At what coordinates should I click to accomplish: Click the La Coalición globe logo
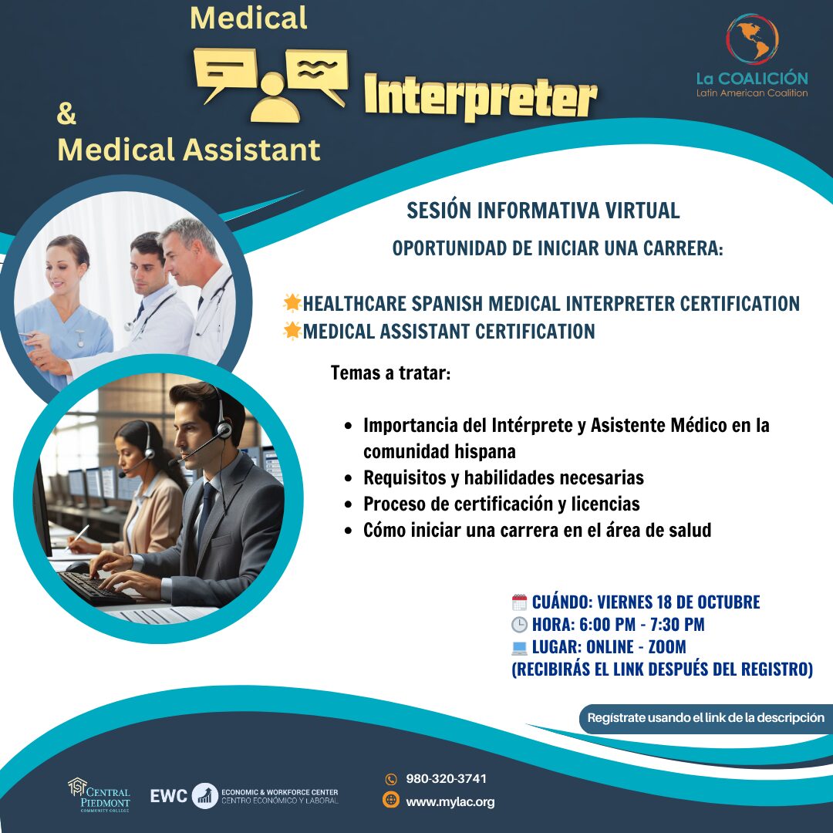[x=752, y=39]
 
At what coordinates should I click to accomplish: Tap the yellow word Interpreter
[x=481, y=96]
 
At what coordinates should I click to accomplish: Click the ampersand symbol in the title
[x=66, y=113]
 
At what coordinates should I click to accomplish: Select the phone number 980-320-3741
[x=446, y=779]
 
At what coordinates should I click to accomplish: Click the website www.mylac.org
[x=450, y=801]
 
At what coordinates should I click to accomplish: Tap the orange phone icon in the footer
[x=391, y=779]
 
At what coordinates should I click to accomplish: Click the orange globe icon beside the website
[x=391, y=800]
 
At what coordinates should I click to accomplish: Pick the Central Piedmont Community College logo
[x=99, y=794]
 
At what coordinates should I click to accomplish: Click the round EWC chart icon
[x=204, y=796]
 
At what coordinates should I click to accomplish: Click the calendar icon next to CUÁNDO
[x=519, y=602]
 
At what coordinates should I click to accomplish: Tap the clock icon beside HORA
[x=519, y=625]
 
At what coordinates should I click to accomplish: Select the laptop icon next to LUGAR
[x=519, y=648]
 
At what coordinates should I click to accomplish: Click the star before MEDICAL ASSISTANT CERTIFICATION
[x=292, y=330]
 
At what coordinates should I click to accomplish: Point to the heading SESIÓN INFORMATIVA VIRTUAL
[x=543, y=211]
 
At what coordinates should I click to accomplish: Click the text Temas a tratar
[x=390, y=373]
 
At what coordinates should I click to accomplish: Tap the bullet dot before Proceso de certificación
[x=348, y=504]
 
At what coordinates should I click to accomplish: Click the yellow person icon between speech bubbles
[x=275, y=98]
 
